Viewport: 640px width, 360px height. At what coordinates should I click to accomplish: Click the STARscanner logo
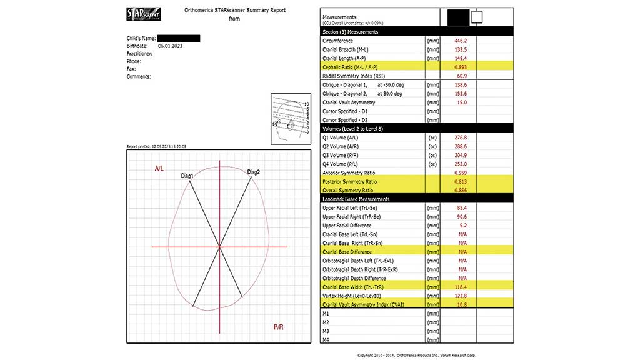(142, 15)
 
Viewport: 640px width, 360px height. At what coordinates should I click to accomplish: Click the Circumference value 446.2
(461, 40)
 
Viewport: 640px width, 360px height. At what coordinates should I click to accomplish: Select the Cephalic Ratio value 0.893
(461, 67)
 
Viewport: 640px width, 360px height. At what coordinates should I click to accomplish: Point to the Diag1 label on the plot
(187, 176)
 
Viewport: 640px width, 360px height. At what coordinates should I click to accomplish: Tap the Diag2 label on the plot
(254, 172)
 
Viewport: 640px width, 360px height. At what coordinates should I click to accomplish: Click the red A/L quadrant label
(160, 169)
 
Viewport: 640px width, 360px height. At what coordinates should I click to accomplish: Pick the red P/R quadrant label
(279, 327)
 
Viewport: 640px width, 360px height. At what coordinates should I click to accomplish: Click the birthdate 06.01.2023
(171, 46)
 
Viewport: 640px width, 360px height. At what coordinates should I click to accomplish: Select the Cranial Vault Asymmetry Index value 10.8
(462, 304)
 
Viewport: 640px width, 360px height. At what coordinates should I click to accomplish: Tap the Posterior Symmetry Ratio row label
(349, 181)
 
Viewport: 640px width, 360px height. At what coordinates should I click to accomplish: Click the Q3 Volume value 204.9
(461, 154)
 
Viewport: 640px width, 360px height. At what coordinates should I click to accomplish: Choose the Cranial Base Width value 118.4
(461, 287)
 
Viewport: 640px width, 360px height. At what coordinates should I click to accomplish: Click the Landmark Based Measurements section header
(356, 199)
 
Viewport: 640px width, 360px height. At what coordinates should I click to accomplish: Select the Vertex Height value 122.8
(461, 296)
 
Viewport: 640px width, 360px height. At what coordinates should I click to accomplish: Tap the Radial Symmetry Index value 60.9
(462, 76)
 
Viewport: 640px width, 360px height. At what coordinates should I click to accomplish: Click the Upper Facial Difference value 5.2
(462, 226)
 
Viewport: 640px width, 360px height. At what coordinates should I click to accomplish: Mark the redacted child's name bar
(178, 39)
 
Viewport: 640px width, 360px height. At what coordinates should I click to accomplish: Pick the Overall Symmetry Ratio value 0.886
(461, 190)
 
